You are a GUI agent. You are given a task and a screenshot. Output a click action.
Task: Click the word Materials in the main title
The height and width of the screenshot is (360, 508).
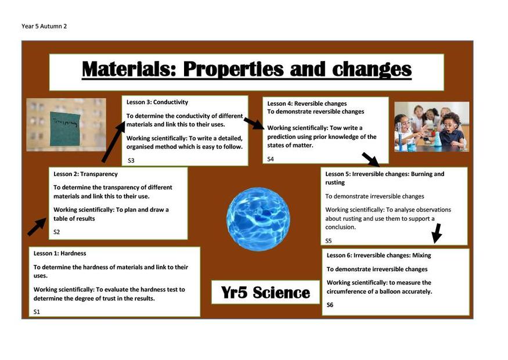[x=129, y=69]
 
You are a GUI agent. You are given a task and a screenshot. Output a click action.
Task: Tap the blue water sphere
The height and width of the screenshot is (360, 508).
[x=258, y=219]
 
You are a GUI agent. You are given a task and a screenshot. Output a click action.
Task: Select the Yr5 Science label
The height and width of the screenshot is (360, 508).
[x=265, y=292]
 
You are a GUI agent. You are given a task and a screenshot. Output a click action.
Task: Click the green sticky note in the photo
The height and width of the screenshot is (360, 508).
[x=65, y=129]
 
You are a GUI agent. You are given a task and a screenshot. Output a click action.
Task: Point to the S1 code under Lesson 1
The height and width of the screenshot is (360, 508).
[x=37, y=312]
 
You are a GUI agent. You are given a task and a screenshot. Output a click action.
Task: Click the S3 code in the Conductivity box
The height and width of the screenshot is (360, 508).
[x=131, y=160]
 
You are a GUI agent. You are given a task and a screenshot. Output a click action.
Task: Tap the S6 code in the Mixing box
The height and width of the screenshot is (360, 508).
[x=330, y=305]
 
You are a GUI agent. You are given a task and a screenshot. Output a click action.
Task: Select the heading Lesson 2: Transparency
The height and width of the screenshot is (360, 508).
[x=85, y=174]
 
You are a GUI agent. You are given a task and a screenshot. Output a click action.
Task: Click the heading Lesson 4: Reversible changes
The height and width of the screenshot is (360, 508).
[x=307, y=104]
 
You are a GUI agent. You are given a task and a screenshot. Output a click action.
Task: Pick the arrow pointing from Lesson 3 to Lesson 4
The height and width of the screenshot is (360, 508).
[x=254, y=124]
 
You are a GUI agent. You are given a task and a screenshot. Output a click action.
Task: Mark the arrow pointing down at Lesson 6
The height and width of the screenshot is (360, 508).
[x=437, y=233]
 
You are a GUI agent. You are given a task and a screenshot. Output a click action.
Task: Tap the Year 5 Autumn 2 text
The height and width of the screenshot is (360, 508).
[x=44, y=26]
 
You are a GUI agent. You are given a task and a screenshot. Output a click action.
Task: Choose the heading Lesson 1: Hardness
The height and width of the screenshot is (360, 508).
[x=60, y=253]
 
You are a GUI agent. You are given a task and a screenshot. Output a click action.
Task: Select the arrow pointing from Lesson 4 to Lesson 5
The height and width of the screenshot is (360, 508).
[x=370, y=160]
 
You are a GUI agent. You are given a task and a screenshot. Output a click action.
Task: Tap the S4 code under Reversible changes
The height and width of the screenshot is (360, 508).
[x=271, y=159]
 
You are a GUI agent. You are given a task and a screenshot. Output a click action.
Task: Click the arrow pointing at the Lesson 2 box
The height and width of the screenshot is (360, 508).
[x=37, y=227]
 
